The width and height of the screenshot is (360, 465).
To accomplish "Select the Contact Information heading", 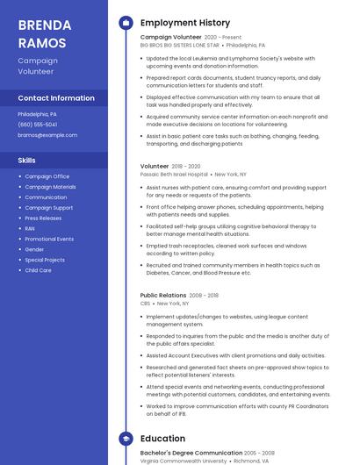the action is coord(55,98).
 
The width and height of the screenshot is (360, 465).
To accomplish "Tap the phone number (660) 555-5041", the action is coord(38,125).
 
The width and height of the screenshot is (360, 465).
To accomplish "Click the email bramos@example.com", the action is coord(47,135).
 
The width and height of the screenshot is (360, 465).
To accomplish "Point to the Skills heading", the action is coord(27,161).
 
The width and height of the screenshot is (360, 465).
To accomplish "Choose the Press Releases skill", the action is coord(43,218).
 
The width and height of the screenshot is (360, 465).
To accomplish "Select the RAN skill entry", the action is coord(30,228).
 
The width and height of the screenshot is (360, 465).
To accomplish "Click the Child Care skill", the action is coord(38,270).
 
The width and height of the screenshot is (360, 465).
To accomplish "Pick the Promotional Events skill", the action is coord(49,239).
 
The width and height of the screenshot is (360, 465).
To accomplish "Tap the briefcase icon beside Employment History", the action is coord(126,23).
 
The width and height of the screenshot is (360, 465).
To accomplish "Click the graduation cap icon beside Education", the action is coord(126,439).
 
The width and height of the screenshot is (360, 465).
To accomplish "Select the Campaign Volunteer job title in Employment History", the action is coord(170,38).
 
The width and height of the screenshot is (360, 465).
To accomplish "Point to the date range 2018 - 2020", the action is coord(186,166).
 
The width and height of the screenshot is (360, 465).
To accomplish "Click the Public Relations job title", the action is coord(162,296).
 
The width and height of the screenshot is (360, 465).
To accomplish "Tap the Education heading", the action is coord(162,439).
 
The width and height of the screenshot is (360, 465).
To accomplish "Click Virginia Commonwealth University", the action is coord(184,461).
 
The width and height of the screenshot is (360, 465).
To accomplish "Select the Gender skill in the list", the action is coord(34,249).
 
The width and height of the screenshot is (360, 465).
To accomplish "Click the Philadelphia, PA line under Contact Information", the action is coord(37,114).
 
